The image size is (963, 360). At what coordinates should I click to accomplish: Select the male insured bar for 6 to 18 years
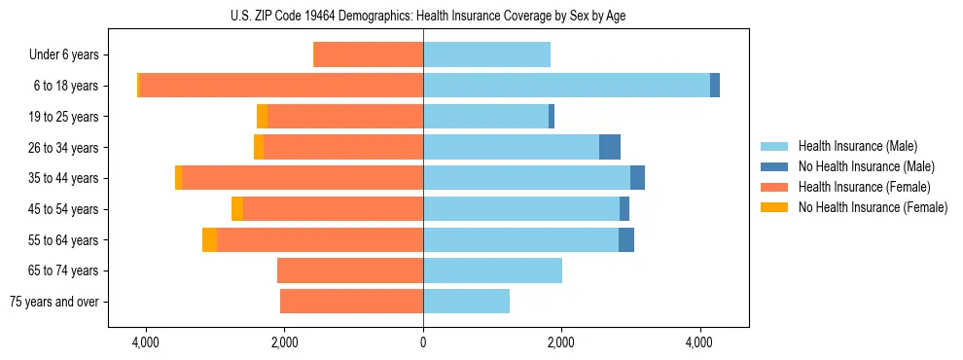click(x=566, y=86)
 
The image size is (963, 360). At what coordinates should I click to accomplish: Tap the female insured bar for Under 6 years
click(x=369, y=54)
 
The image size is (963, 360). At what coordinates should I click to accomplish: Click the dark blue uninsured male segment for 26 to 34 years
click(x=609, y=147)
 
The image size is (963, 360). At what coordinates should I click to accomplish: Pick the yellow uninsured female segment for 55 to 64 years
click(x=209, y=239)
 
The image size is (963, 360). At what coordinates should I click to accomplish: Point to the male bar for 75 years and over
click(x=466, y=302)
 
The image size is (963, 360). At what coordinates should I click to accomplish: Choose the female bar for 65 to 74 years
click(x=350, y=270)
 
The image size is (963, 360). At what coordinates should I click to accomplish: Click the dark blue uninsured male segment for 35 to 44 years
click(x=637, y=178)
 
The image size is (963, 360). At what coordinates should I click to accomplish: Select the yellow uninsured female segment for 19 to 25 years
click(x=262, y=117)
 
